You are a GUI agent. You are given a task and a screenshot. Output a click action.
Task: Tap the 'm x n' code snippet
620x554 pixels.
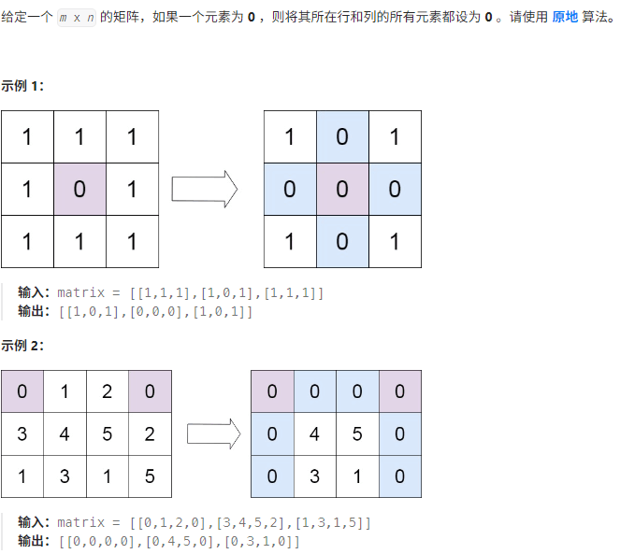pos(76,19)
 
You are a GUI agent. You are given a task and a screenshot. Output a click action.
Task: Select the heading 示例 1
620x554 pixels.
pos(22,86)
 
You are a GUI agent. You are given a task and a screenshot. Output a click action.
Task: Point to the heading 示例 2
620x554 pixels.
pos(22,346)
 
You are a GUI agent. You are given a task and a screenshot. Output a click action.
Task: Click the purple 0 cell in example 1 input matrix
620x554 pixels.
pos(79,189)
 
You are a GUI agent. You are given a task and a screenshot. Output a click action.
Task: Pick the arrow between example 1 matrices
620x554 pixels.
pos(205,189)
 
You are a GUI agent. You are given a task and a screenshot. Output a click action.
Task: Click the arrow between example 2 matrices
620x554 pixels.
pos(213,433)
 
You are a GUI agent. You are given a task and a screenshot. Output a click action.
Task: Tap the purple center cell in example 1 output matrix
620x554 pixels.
pos(342,189)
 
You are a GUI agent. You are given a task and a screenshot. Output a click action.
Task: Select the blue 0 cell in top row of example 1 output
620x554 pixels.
pos(342,136)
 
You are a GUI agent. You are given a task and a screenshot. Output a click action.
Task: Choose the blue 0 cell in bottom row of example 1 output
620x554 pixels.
pos(342,241)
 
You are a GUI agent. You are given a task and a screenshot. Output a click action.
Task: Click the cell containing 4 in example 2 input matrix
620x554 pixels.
pos(65,433)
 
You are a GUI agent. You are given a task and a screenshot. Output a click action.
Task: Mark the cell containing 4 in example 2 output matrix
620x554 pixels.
pos(315,433)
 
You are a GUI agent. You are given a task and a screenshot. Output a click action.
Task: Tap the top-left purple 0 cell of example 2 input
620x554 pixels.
pos(22,391)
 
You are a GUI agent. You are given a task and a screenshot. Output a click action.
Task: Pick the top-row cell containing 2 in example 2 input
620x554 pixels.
pos(108,391)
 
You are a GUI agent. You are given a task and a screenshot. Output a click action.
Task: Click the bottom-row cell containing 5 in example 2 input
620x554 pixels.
pos(150,476)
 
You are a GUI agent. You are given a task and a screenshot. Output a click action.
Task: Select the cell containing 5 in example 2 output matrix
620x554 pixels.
pos(357,433)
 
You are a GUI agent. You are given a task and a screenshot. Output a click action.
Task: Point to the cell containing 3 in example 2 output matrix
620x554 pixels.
pos(315,476)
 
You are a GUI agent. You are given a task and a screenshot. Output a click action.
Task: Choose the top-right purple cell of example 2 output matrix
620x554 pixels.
pos(399,391)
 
